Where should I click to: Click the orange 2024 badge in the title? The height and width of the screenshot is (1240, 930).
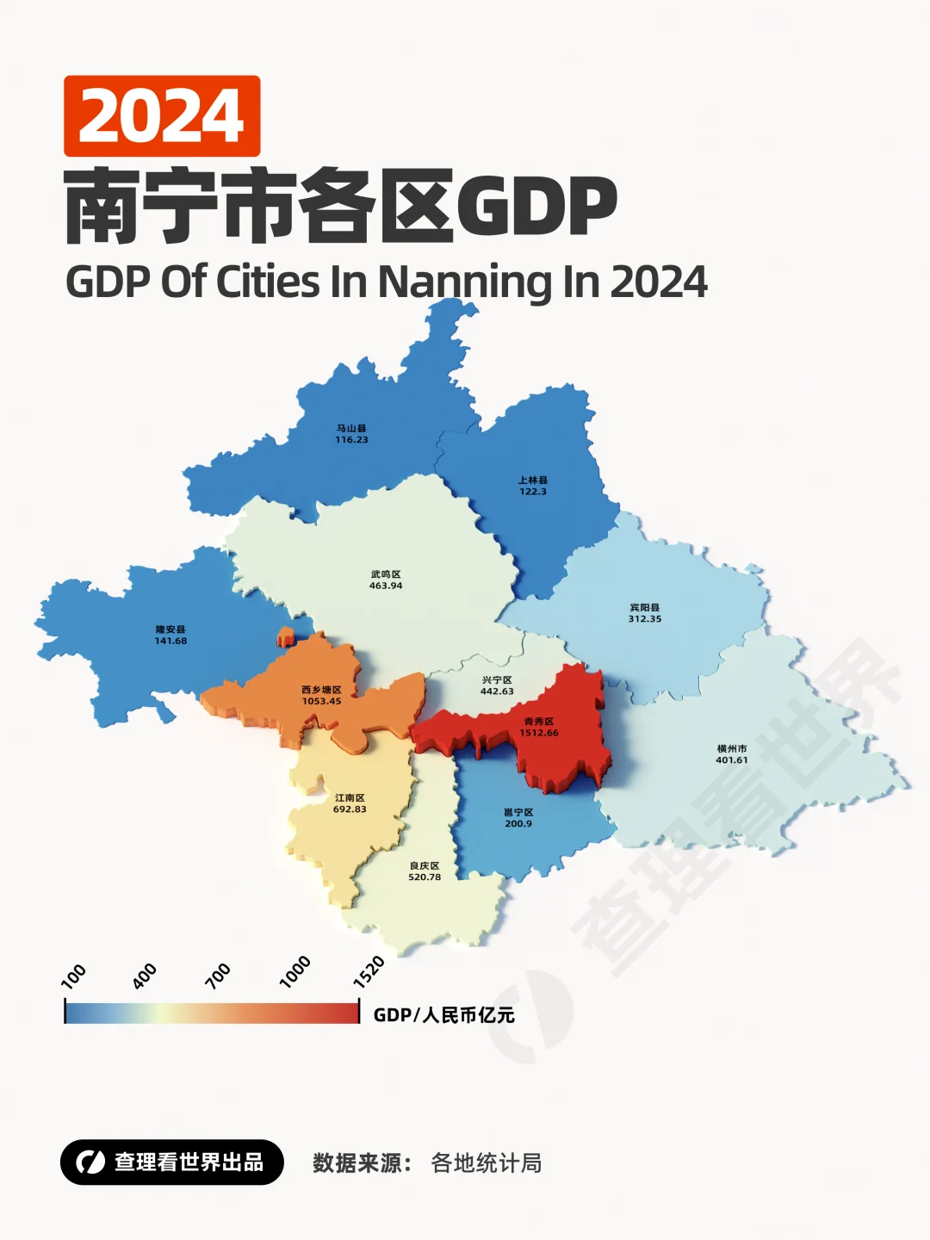162,116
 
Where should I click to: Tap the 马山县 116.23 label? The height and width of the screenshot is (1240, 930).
351,434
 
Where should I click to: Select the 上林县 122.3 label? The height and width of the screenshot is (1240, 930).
532,486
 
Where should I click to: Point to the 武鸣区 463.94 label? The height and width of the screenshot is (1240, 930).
386,580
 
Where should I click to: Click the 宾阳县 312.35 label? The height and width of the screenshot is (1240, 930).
645,613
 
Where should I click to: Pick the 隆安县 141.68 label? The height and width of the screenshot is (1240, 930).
170,635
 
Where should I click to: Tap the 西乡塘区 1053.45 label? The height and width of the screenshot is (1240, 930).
321,695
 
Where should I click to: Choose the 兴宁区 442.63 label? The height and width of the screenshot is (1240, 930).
497,685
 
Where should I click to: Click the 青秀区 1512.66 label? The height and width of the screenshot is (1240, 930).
539,728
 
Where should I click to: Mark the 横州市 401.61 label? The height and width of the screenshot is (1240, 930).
732,754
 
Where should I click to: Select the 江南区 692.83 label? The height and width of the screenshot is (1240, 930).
350,803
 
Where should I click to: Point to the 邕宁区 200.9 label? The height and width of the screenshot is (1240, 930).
518,818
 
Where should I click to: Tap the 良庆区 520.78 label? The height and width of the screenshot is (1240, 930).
425,871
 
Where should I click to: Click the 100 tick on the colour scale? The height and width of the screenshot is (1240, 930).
73,976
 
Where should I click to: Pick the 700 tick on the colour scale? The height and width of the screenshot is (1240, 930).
218,976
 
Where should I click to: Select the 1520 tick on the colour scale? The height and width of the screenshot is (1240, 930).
369,972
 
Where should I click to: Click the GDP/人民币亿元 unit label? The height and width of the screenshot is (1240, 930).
443,1015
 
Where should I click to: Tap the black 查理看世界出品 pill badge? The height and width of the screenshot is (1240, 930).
172,1162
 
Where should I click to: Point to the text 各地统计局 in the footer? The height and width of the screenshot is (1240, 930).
487,1163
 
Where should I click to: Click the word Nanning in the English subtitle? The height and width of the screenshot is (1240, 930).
466,282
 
